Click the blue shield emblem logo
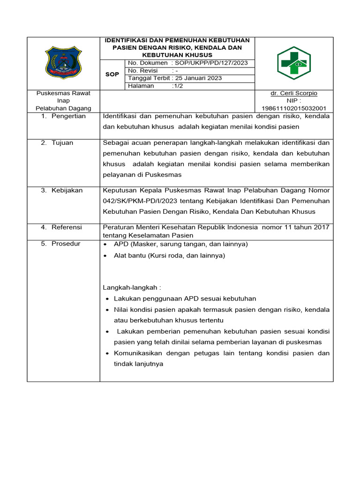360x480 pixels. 63,63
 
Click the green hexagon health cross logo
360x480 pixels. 293,63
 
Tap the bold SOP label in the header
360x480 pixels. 112,75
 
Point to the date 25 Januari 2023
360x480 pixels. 197,78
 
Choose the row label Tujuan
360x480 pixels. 62,143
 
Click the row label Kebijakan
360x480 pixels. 67,190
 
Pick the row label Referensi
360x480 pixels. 67,227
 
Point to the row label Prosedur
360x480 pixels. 66,244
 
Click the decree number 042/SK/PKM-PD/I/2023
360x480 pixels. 137,201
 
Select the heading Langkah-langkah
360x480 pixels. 132,287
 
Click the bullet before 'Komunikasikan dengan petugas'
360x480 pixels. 108,353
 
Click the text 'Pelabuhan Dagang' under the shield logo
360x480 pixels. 64,108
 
